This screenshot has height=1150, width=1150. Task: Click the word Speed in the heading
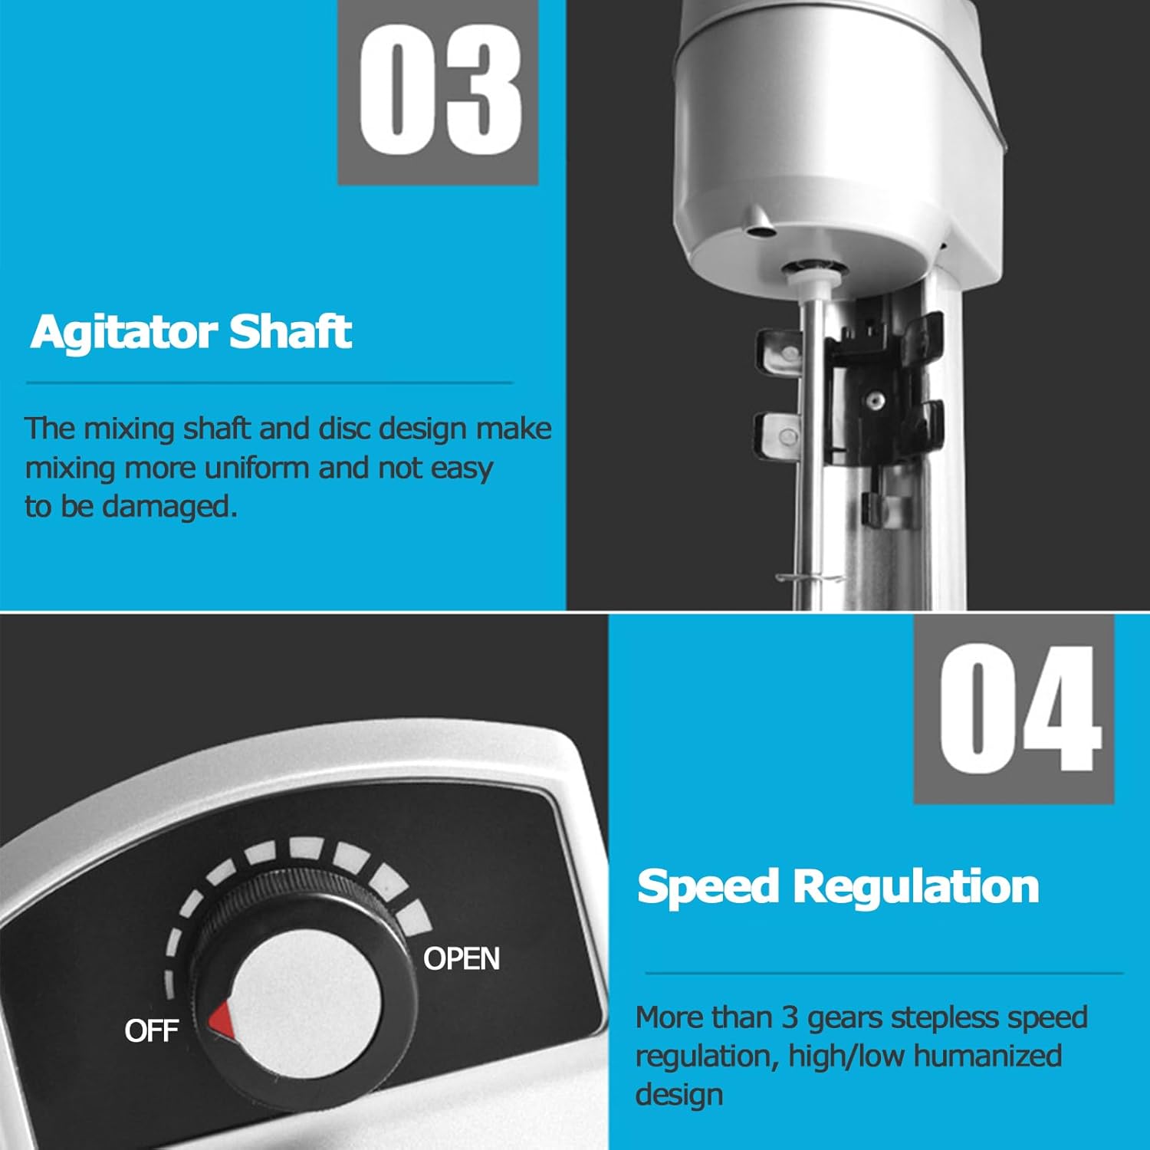tap(708, 886)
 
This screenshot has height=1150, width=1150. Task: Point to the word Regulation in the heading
tap(915, 886)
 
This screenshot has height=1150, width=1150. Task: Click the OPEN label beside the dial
tap(461, 958)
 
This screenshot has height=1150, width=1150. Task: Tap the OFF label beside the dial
tap(151, 1030)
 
